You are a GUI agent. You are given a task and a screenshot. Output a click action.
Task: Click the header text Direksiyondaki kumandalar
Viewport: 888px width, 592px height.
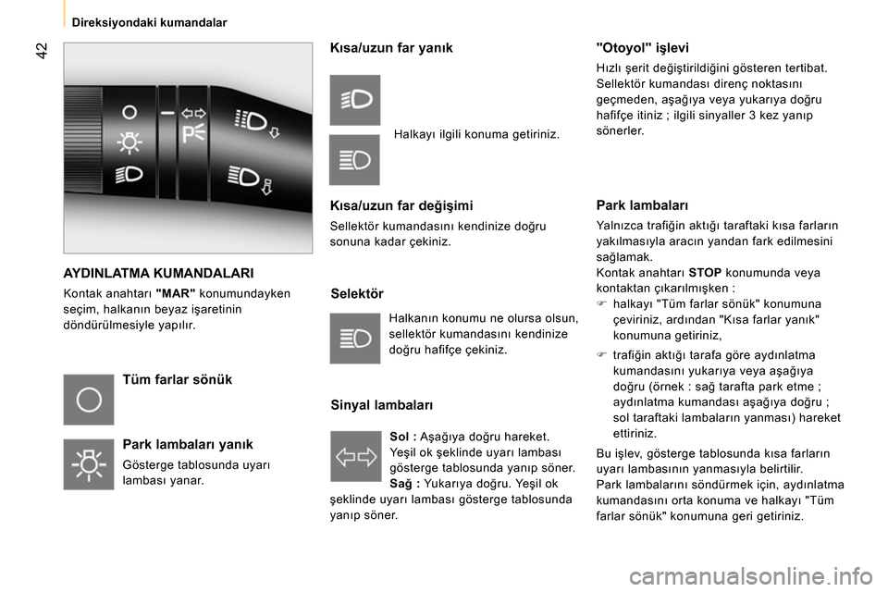tap(149, 21)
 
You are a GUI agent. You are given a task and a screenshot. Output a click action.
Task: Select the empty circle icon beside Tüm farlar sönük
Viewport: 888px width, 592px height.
tap(89, 400)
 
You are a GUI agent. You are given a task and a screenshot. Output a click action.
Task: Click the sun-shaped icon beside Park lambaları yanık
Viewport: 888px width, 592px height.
tap(89, 464)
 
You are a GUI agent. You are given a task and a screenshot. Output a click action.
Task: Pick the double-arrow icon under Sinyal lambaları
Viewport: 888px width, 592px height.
tap(355, 456)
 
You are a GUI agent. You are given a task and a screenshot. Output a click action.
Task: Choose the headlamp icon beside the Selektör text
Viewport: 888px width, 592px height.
tap(355, 338)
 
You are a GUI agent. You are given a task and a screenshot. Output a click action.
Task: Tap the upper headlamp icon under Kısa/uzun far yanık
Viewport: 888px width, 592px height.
tap(355, 100)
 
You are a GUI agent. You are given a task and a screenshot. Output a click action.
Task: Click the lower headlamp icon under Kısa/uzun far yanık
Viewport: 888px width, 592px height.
tap(355, 160)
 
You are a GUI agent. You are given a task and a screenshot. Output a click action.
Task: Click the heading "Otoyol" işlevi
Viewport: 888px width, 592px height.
tap(643, 46)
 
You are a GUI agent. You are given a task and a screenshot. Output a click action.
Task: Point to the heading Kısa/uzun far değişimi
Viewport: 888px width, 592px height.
tap(401, 205)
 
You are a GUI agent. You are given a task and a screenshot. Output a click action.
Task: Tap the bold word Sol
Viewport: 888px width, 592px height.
tap(402, 436)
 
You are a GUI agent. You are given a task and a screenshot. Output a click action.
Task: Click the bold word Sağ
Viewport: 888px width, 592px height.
tap(404, 482)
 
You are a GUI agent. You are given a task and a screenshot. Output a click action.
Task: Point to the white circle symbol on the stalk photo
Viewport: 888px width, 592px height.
tap(129, 113)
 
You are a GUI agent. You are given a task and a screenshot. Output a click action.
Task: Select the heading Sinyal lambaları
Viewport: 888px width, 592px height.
tap(382, 404)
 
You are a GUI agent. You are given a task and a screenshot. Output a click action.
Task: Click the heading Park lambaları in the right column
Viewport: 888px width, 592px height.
tap(643, 204)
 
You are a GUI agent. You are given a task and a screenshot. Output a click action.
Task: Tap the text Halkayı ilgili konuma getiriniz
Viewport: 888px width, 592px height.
tap(476, 134)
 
